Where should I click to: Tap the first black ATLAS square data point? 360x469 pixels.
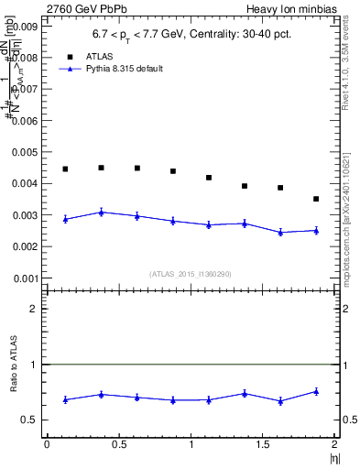coord(65,169)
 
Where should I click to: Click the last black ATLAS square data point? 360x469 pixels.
coord(316,199)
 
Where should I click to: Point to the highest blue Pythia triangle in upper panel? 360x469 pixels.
coord(101,212)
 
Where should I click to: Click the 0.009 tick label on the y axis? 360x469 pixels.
coord(21,27)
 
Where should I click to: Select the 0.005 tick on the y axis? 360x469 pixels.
coord(21,152)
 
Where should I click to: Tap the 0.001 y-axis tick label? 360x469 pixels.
coord(21,278)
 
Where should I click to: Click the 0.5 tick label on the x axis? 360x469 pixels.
coord(118,444)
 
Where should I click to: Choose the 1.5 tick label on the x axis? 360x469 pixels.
coord(262,444)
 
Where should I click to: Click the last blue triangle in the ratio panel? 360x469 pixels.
coord(316,391)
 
